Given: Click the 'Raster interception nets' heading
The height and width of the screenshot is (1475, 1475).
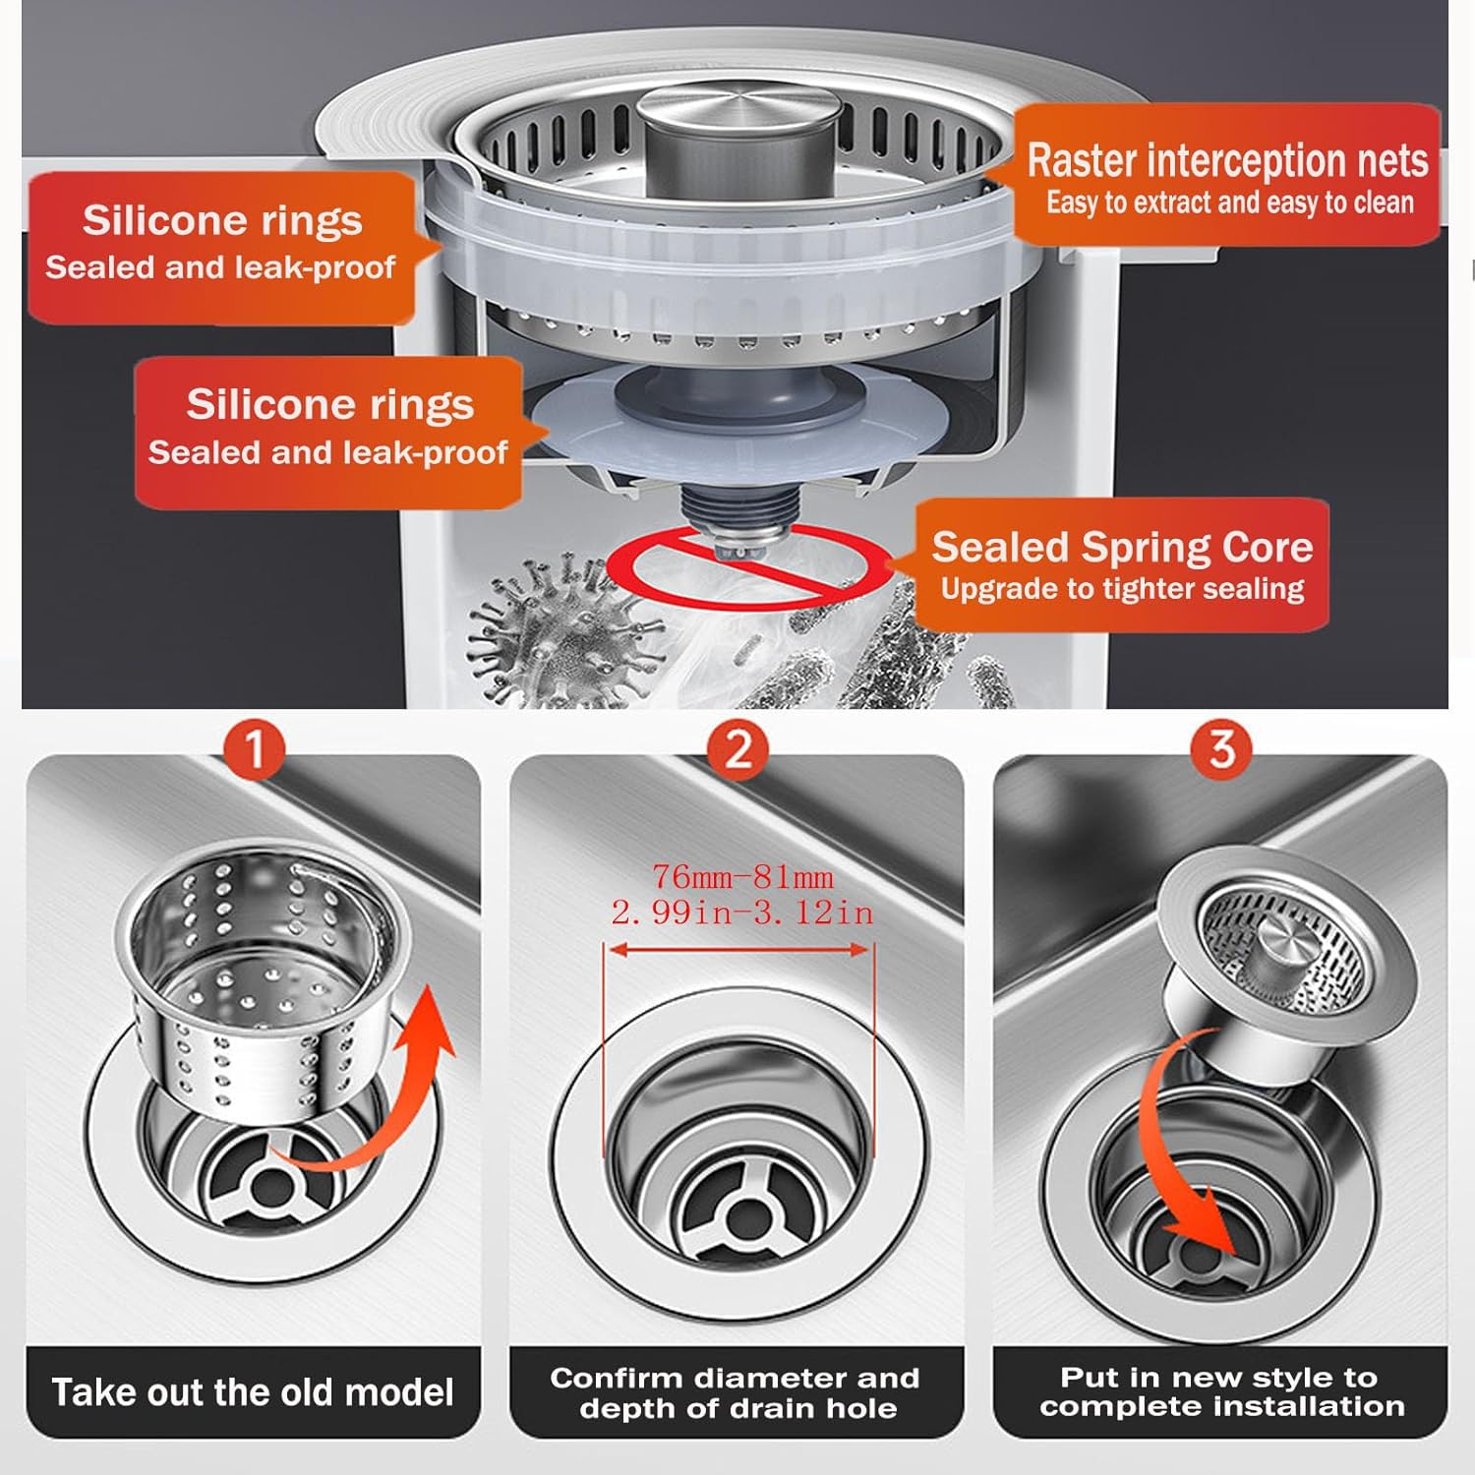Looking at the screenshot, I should tap(1226, 160).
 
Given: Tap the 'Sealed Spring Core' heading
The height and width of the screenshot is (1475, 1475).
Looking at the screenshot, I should tap(1122, 547).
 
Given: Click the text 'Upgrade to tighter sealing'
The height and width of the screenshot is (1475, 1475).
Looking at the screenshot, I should tap(1122, 589).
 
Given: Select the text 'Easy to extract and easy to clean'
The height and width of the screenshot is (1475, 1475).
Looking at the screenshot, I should tap(1229, 203).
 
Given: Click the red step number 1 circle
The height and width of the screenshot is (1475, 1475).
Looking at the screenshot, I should tap(255, 748).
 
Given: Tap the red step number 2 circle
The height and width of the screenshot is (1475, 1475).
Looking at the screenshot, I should tap(737, 748).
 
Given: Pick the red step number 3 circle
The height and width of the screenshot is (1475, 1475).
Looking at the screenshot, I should tap(1220, 748).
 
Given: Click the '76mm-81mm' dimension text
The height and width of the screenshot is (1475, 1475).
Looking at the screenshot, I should tap(742, 876).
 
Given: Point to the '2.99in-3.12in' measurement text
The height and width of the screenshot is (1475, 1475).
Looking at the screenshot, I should tap(742, 913).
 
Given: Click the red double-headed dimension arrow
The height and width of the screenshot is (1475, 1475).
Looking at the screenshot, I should tap(739, 950).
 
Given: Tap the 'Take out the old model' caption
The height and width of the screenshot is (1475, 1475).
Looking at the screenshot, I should tap(253, 1392).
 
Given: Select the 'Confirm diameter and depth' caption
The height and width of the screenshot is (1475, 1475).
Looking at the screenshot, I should tap(736, 1392).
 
